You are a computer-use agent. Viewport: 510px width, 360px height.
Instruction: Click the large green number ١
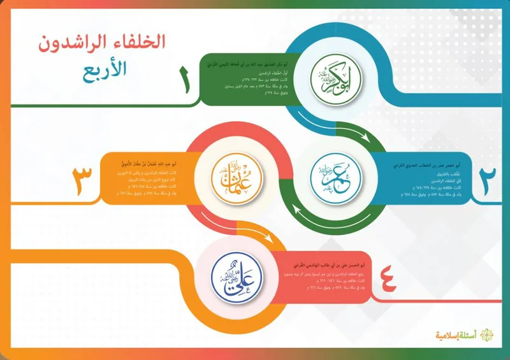[186, 81]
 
